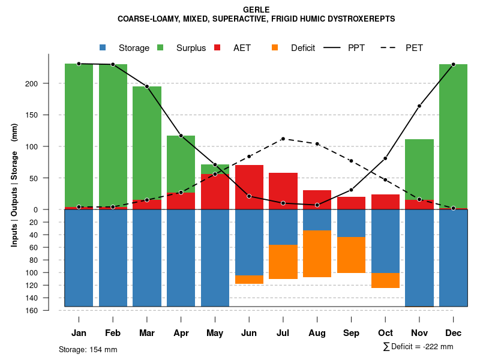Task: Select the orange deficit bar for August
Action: pos(317,254)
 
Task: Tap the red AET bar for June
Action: pos(249,187)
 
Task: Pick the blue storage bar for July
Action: pos(283,227)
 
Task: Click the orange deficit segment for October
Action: pos(385,280)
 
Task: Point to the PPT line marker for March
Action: pos(147,86)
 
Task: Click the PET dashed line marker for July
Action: pos(283,139)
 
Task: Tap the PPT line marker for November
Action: pos(419,106)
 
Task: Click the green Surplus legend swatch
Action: pos(160,47)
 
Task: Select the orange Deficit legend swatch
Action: pos(275,47)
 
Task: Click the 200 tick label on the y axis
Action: pos(32,83)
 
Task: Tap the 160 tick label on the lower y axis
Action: pos(32,310)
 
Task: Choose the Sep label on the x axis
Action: pos(351,333)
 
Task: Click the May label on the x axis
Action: pos(215,333)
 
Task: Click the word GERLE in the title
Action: pos(256,10)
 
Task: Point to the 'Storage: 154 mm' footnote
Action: pos(88,350)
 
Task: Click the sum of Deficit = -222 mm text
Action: pos(418,347)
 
